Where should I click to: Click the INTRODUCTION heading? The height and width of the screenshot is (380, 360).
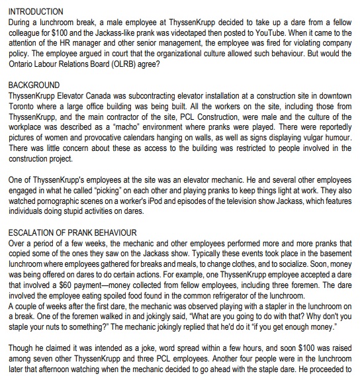[x=36, y=12]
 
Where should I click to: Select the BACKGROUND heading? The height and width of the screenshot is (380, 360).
[x=34, y=85]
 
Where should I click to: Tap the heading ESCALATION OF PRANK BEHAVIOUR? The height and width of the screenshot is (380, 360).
[x=71, y=233]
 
